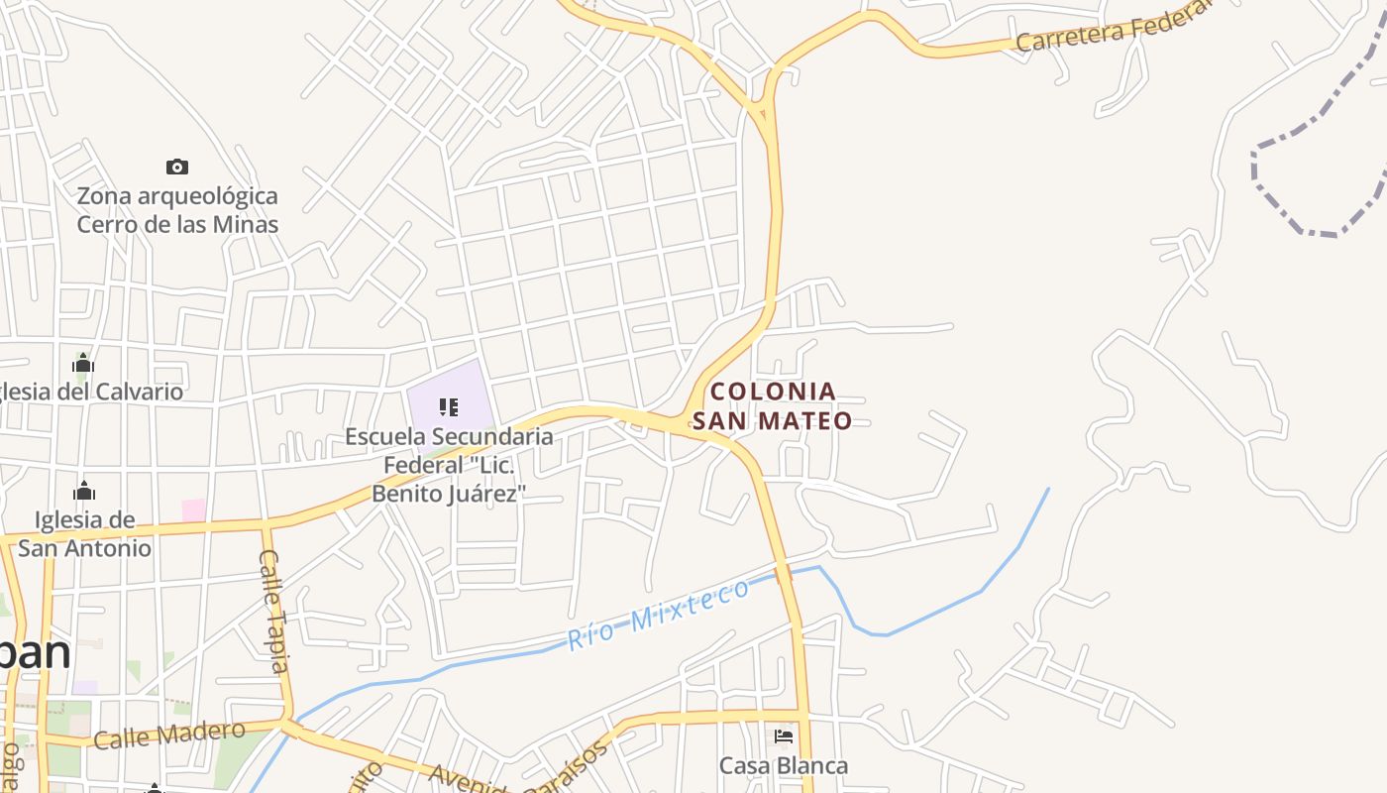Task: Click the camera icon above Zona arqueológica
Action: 177,167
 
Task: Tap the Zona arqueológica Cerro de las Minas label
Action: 177,210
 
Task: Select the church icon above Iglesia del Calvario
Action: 83,363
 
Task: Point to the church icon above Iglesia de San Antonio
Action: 84,491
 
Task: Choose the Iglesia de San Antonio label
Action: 85,533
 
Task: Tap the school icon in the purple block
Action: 448,407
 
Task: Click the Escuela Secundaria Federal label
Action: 449,464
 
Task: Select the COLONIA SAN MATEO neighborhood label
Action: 773,405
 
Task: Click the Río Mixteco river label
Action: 659,615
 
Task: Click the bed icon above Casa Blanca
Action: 784,736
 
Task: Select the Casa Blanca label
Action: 784,766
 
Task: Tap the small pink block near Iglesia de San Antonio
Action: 194,510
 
